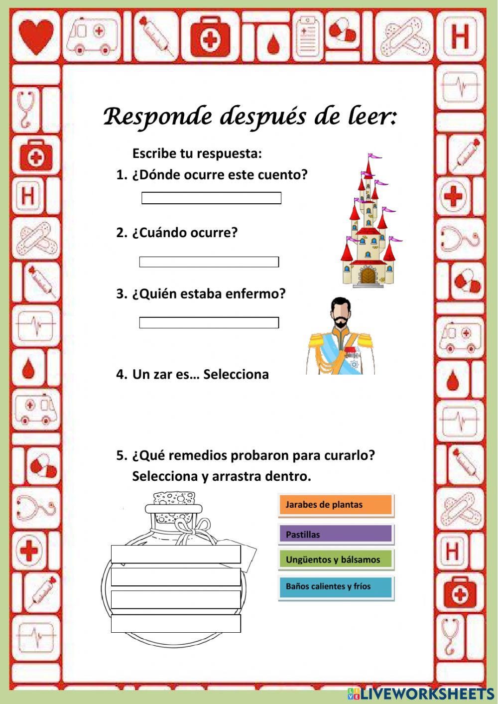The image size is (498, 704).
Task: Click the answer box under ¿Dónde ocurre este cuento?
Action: pyautogui.click(x=211, y=198)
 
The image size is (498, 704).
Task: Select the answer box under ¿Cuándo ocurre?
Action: pyautogui.click(x=209, y=262)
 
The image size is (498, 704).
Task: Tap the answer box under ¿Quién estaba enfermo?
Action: pyautogui.click(x=209, y=323)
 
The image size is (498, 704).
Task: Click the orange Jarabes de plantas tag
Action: pyautogui.click(x=336, y=505)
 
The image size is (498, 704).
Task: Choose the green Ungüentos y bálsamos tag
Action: pyautogui.click(x=336, y=560)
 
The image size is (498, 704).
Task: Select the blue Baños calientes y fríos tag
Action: pyautogui.click(x=336, y=586)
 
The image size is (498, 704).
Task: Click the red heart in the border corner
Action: pyautogui.click(x=36, y=35)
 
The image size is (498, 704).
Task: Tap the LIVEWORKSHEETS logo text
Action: pyautogui.click(x=426, y=694)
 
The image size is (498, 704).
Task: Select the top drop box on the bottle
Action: pyautogui.click(x=176, y=554)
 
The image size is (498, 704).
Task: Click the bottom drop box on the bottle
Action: pyautogui.click(x=176, y=623)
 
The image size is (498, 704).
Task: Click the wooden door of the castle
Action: pyautogui.click(x=369, y=275)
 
